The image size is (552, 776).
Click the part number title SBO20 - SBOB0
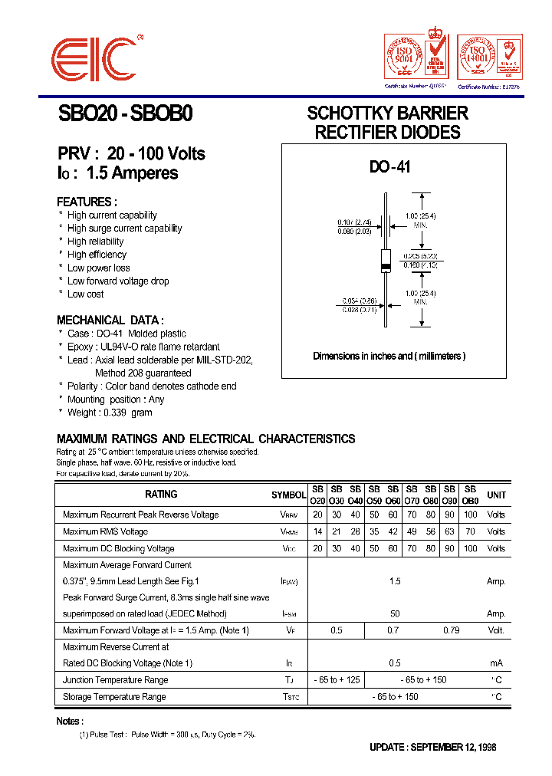[126, 113]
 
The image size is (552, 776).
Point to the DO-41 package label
[390, 166]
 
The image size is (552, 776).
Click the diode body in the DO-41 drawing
[386, 261]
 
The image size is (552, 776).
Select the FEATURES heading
[87, 202]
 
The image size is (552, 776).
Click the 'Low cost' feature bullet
[85, 294]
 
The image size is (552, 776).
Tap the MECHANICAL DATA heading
[110, 321]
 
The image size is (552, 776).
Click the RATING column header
[161, 495]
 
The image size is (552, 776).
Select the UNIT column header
[496, 495]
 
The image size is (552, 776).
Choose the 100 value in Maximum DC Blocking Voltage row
[471, 548]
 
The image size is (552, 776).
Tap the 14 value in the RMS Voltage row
[317, 531]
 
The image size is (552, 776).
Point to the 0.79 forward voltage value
[452, 630]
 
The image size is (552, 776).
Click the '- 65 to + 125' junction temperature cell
[336, 680]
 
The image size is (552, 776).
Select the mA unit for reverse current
[496, 663]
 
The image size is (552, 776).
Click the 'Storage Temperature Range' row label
[114, 697]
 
